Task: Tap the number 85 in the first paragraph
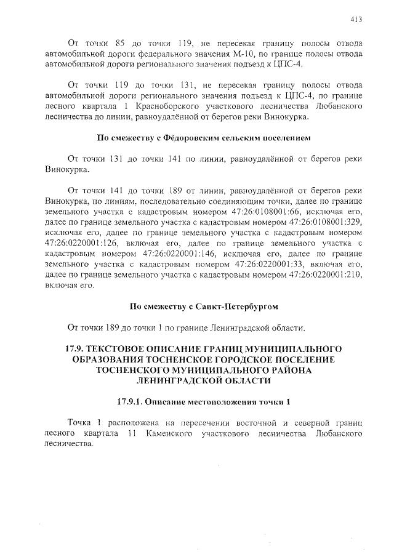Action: (x=122, y=44)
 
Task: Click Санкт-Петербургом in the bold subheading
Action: (x=236, y=305)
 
